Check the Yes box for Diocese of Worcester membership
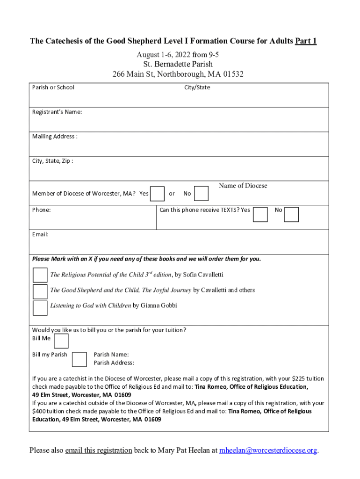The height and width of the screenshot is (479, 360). click(158, 193)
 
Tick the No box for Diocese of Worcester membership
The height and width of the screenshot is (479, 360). click(201, 193)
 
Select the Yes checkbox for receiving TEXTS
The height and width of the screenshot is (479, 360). click(260, 214)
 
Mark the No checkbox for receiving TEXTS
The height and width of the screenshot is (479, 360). click(291, 214)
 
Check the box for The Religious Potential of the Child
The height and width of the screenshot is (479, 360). click(40, 275)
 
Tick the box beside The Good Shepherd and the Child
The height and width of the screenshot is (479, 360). click(40, 291)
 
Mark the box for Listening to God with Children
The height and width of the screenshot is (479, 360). click(40, 307)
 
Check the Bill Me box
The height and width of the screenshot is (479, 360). click(61, 341)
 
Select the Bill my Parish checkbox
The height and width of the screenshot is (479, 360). click(79, 359)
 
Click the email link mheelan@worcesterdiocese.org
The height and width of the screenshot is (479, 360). click(268, 450)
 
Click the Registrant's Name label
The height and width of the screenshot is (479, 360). click(57, 112)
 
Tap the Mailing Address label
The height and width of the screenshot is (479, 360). click(55, 136)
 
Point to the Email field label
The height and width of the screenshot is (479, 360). click(40, 234)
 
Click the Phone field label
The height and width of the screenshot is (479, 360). click(41, 210)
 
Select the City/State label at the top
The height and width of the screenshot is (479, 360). click(197, 87)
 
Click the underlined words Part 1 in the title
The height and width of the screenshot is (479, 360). click(306, 41)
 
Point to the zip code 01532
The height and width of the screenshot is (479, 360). click(232, 74)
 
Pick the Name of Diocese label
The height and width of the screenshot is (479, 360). click(243, 186)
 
